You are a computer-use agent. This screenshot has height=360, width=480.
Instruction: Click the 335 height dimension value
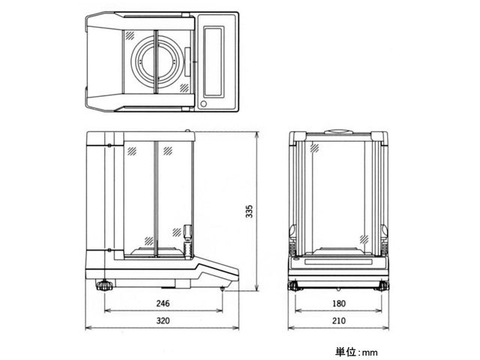point(250,212)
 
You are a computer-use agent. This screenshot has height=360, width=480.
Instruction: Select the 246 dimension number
point(163,304)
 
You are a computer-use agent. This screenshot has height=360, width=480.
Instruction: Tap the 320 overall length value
point(163,321)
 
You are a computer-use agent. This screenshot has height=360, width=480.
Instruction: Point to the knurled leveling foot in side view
point(104,285)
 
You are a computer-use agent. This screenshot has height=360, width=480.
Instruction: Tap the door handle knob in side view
point(187,232)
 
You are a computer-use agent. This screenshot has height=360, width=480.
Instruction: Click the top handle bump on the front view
point(337,133)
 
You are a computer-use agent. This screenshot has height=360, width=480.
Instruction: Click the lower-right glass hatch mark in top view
point(184,88)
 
